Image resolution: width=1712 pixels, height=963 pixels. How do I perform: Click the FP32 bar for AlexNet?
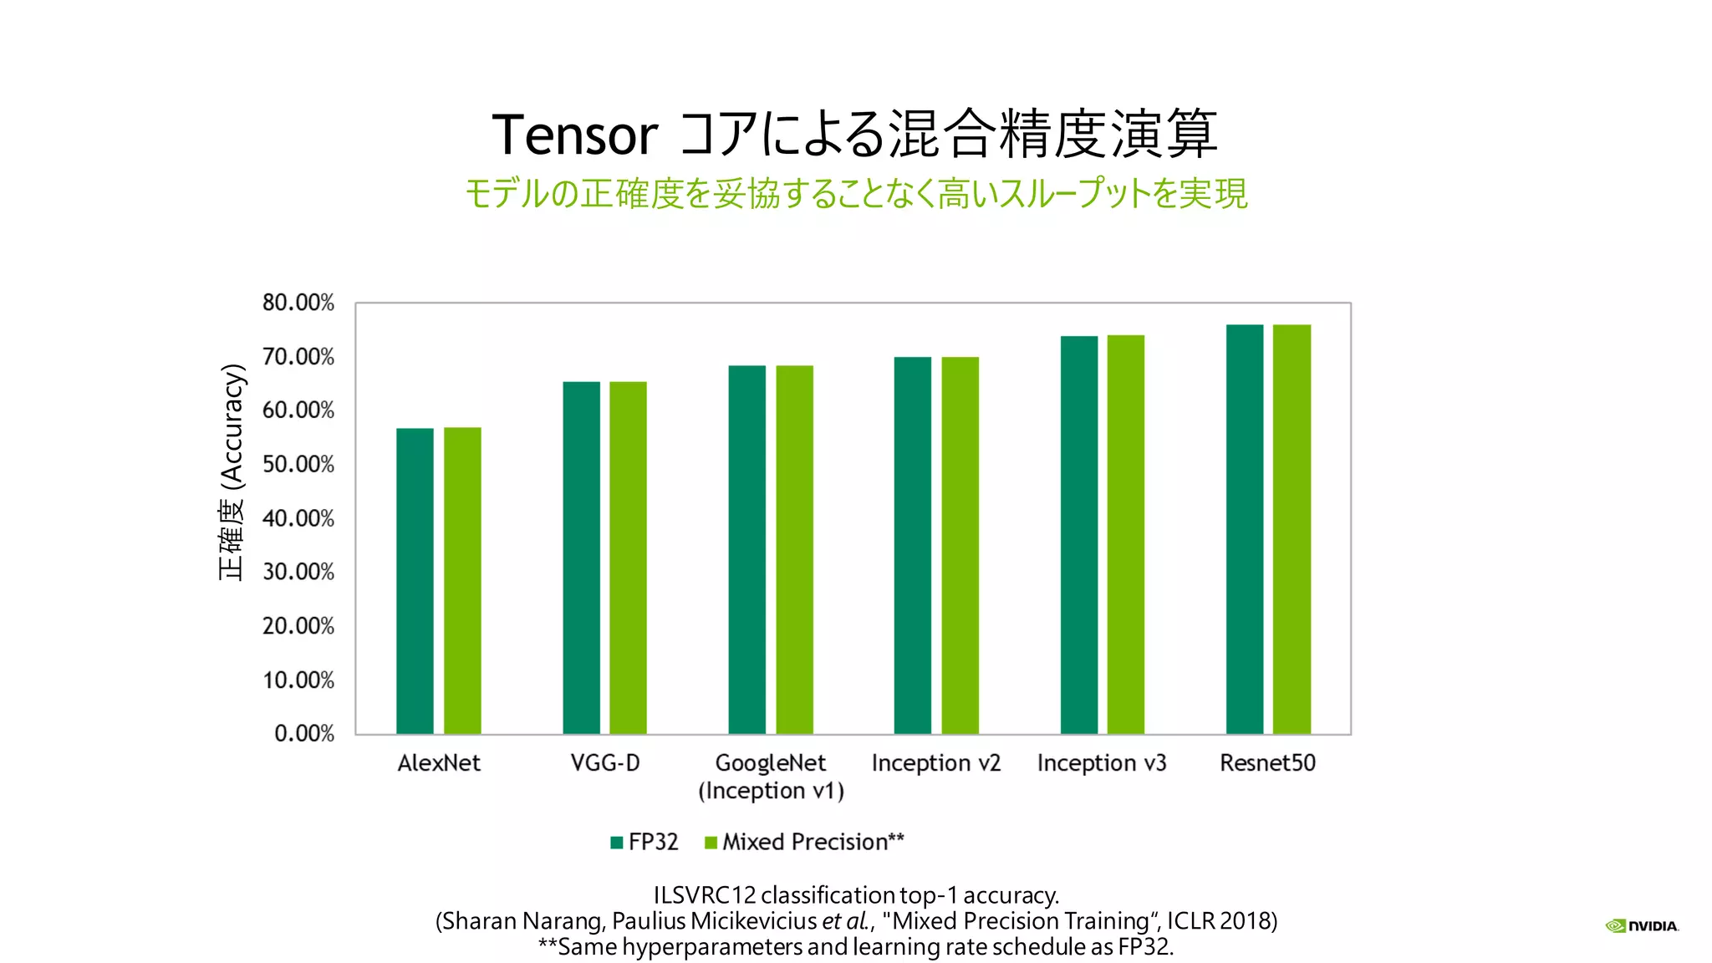coord(415,581)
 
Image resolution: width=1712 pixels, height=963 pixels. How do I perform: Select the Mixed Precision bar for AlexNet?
coord(462,581)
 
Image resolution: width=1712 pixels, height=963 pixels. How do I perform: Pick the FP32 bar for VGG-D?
coord(581,558)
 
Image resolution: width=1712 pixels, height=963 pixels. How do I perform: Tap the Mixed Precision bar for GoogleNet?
coord(794,549)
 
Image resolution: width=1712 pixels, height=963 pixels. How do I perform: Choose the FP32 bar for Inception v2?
coord(913,545)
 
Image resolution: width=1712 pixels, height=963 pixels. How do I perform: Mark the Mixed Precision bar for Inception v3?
coord(1126,534)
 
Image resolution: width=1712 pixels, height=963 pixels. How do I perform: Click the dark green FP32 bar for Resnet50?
coord(1245,529)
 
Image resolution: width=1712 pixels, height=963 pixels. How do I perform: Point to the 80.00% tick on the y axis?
coord(298,303)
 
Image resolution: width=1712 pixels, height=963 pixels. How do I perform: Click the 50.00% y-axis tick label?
coord(298,465)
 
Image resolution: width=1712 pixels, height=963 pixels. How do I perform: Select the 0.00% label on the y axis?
coord(304,734)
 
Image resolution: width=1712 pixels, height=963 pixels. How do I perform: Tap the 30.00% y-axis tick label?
coord(298,573)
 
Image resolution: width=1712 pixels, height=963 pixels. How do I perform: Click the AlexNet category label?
coord(439,763)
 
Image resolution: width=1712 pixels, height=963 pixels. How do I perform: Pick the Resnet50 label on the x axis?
coord(1267,763)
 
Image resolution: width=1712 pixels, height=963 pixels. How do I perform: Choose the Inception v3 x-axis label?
coord(1102,763)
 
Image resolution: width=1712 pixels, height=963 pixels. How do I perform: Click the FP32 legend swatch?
coord(617,843)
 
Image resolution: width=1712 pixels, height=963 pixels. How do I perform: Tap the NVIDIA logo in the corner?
coord(1642,925)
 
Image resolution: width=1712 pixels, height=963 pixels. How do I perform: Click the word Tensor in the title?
coord(575,135)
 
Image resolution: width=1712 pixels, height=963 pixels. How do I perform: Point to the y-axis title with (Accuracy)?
coord(232,472)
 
